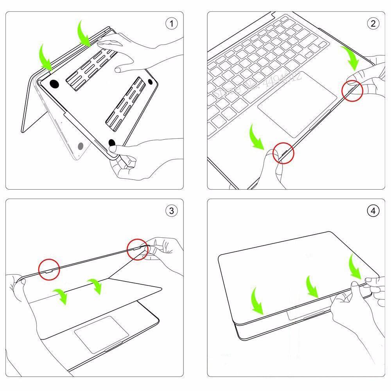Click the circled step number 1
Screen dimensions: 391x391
(171, 24)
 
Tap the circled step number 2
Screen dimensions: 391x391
(373, 24)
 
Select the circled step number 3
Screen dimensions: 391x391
(171, 211)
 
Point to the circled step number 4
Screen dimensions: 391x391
(373, 211)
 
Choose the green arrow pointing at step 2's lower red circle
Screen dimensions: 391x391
(257, 136)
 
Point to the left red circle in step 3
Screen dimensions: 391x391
(49, 270)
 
